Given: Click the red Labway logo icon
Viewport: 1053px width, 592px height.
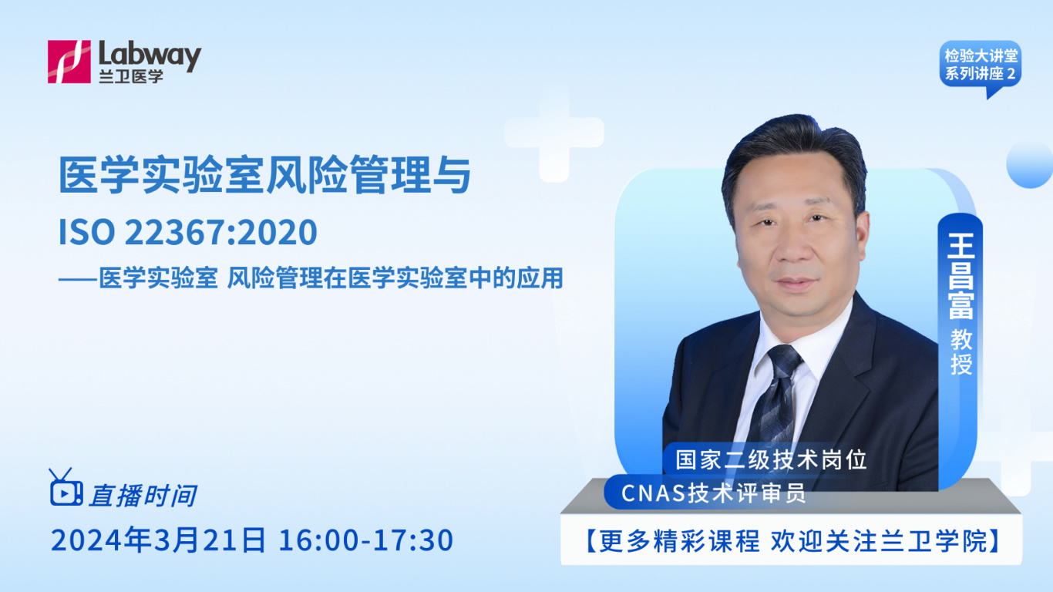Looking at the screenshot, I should pos(69,62).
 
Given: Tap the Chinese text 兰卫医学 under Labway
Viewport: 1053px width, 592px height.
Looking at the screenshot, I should pos(131,76).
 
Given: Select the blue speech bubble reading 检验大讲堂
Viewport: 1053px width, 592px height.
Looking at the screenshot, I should pos(980,66).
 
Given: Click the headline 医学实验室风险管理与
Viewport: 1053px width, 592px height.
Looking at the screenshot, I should pos(264,175).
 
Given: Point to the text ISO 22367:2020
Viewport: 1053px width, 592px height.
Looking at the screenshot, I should pos(188,233).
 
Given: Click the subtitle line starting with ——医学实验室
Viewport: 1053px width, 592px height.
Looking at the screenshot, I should pos(311,277).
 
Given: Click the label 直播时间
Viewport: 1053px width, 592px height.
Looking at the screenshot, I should pos(143,495).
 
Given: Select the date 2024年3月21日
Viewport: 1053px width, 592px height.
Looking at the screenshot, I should pos(158,540).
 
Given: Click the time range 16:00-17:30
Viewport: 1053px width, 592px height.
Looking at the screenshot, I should pos(365,540).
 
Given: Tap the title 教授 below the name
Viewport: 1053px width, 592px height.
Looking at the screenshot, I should pos(960,352).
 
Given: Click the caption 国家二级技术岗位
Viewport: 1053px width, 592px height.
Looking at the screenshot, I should pos(771,459).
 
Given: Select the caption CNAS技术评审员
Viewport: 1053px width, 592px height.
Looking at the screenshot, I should pos(714,492).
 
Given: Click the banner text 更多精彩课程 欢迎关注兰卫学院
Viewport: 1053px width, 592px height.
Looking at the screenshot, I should pos(790,542).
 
